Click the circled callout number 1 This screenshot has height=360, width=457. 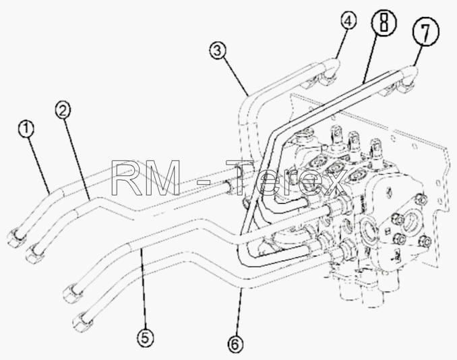pyautogui.click(x=26, y=129)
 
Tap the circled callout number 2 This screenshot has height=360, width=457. pyautogui.click(x=63, y=111)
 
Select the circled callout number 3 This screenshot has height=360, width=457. pyautogui.click(x=217, y=51)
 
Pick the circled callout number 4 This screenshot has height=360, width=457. pyautogui.click(x=348, y=22)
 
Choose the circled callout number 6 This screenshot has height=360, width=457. pyautogui.click(x=235, y=344)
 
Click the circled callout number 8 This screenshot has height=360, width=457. pyautogui.click(x=384, y=22)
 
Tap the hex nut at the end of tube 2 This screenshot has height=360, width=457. pyautogui.click(x=35, y=253)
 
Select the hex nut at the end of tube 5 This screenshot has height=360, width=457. pyautogui.click(x=73, y=293)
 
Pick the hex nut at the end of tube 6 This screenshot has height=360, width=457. pyautogui.click(x=82, y=320)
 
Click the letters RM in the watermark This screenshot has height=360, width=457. pyautogui.click(x=146, y=178)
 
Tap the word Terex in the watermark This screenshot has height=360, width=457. pyautogui.click(x=287, y=178)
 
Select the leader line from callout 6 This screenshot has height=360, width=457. pyautogui.click(x=239, y=311)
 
